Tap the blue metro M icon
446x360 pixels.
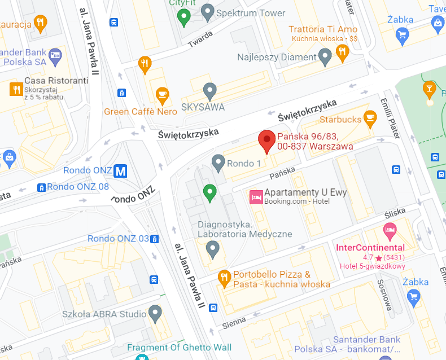pyautogui.click(x=120, y=170)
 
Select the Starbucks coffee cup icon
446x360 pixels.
pyautogui.click(x=370, y=117)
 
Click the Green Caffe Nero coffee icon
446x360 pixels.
pyautogui.click(x=163, y=95)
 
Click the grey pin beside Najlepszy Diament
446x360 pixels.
pyautogui.click(x=325, y=56)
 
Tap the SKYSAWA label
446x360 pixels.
pyautogui.click(x=203, y=107)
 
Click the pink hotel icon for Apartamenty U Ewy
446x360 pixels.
pyautogui.click(x=256, y=196)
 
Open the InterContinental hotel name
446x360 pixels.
pyautogui.click(x=370, y=247)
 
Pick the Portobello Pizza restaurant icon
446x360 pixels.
pyautogui.click(x=224, y=276)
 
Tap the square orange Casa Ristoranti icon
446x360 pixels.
pyautogui.click(x=16, y=89)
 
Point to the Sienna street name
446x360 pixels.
pyautogui.click(x=234, y=322)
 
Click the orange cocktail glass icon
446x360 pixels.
pyautogui.click(x=429, y=88)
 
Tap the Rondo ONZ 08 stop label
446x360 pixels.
pyautogui.click(x=78, y=187)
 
